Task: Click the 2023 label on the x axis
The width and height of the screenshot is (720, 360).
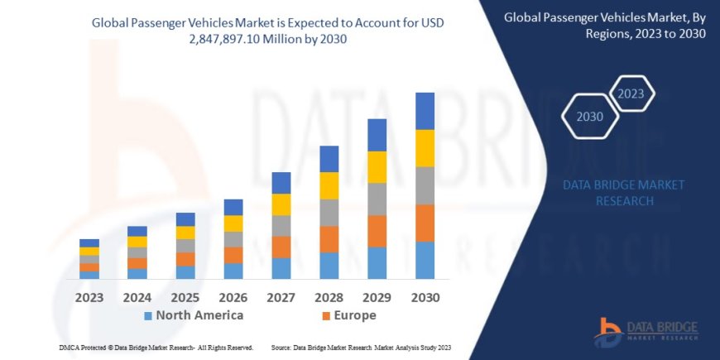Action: pyautogui.click(x=89, y=296)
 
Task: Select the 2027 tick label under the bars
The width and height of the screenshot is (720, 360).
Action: pyautogui.click(x=281, y=296)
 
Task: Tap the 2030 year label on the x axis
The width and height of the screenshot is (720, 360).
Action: pyautogui.click(x=425, y=296)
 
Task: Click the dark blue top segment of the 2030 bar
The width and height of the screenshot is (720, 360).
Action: pyautogui.click(x=425, y=111)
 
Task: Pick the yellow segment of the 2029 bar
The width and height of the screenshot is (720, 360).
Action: pyautogui.click(x=377, y=167)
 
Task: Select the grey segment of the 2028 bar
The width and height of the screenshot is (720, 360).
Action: pyautogui.click(x=329, y=213)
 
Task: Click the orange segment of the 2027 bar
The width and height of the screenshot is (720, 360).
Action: pyautogui.click(x=281, y=247)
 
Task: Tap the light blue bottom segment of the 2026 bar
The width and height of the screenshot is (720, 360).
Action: pyautogui.click(x=233, y=271)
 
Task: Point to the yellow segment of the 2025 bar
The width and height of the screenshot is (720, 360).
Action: pyautogui.click(x=185, y=233)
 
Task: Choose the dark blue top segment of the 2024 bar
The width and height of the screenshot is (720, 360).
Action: pyautogui.click(x=137, y=231)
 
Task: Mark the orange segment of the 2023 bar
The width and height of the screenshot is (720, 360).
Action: pyautogui.click(x=89, y=267)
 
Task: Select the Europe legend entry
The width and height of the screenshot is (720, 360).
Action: pyautogui.click(x=348, y=315)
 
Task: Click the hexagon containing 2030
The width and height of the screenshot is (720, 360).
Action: pyautogui.click(x=591, y=117)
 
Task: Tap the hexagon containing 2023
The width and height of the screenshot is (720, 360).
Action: pyautogui.click(x=631, y=93)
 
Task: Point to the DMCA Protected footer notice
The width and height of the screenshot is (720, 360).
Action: pyautogui.click(x=156, y=348)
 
